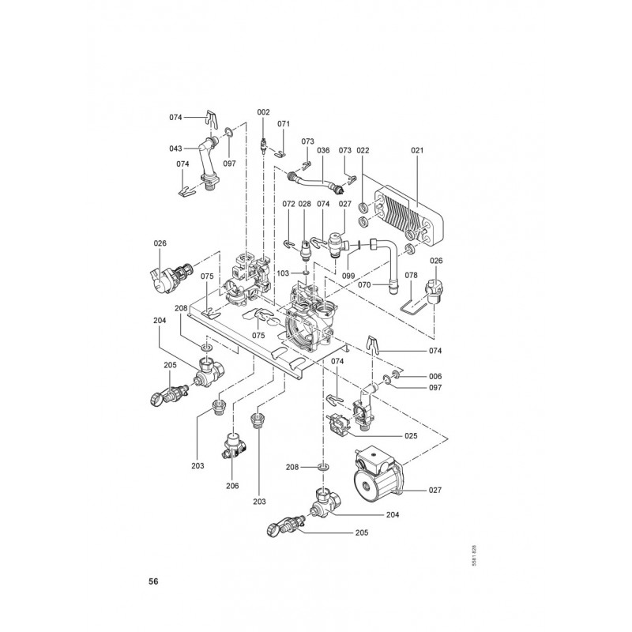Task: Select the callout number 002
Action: coord(263,112)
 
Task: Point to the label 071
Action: coord(284,124)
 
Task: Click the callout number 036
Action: coord(322,149)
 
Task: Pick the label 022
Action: coord(363,149)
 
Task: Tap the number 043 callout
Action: coord(175,149)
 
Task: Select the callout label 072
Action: coord(288,204)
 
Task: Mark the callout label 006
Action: coord(435,376)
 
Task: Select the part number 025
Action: coord(410,434)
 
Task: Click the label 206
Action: coord(232,485)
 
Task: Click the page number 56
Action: coord(153,581)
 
